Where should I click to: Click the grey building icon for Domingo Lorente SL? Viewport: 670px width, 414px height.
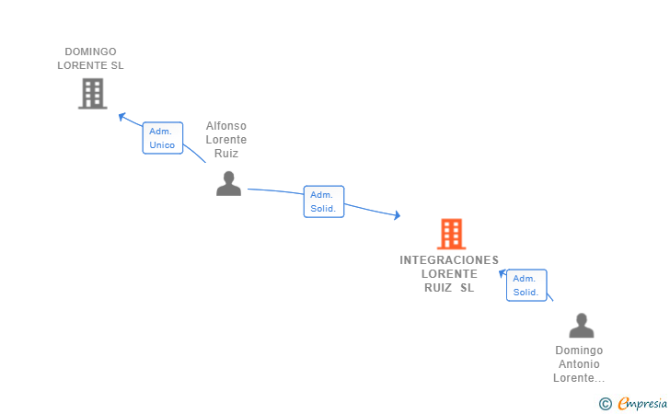click(x=92, y=93)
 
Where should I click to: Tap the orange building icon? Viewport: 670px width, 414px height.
click(x=450, y=234)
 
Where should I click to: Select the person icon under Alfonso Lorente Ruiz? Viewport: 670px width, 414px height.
click(x=227, y=184)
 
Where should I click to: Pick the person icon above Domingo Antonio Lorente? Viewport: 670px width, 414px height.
click(x=581, y=326)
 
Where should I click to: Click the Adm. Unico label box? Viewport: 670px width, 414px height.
click(x=162, y=138)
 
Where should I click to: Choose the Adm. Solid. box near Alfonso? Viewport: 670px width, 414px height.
click(x=323, y=201)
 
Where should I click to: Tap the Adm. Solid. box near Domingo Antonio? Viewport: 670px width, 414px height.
click(x=526, y=285)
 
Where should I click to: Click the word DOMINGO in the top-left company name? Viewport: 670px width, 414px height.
click(x=90, y=52)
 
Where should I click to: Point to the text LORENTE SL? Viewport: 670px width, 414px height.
click(x=90, y=65)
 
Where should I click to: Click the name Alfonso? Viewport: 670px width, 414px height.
click(x=225, y=126)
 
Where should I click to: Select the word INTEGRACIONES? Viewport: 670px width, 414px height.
click(x=449, y=259)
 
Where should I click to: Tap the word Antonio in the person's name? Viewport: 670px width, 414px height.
click(x=579, y=364)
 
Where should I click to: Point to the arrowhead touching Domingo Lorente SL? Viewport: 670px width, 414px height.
click(x=121, y=116)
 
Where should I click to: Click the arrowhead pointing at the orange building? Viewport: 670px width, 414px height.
click(x=397, y=216)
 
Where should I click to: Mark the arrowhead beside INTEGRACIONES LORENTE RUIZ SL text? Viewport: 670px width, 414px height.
click(x=502, y=273)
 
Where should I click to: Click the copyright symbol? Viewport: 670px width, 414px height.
click(x=605, y=403)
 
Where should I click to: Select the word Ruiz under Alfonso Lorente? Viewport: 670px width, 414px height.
click(x=225, y=154)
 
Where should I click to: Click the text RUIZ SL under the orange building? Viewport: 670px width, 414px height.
click(x=449, y=287)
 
